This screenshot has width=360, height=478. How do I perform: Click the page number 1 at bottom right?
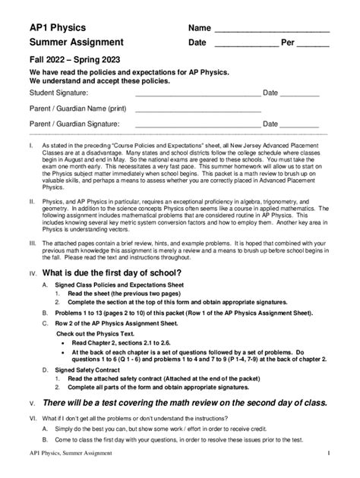pyautogui.click(x=328, y=454)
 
